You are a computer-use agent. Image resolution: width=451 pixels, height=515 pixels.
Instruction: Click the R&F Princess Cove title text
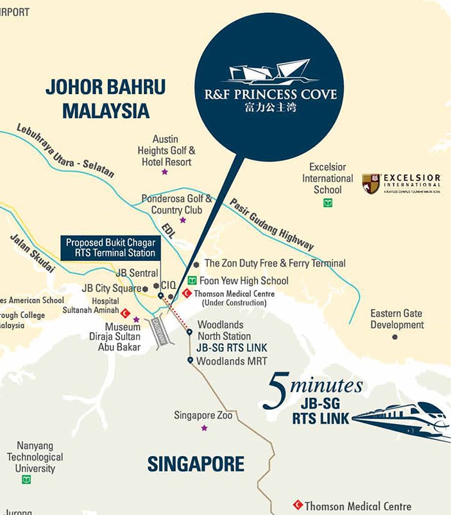pos(270,95)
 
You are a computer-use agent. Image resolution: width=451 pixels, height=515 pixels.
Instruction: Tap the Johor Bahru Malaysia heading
pos(105,98)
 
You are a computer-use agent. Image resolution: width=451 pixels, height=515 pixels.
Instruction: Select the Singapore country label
pos(196,464)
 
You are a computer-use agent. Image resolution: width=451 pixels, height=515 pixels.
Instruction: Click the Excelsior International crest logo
pos(371,183)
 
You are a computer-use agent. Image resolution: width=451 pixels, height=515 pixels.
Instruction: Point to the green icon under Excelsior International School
pos(328,203)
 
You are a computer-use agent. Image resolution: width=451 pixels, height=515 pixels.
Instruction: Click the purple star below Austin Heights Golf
pos(165,172)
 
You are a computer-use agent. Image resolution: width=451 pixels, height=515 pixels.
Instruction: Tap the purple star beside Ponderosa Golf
pos(183,220)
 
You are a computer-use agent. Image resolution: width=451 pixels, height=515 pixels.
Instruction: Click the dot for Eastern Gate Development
pos(395,337)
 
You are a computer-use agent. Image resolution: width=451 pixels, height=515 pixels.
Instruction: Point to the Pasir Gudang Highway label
pos(272,223)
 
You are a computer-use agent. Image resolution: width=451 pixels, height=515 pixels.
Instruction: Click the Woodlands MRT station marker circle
pos(191,360)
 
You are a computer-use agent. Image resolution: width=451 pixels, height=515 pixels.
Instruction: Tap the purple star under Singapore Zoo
pos(204,428)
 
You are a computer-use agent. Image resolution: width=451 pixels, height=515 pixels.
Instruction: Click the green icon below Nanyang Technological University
pos(26,480)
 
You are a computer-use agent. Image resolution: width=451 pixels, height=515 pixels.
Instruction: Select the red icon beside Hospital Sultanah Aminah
pos(126,314)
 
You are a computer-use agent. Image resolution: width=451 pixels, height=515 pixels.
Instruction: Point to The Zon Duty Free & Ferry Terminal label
pos(275,263)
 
